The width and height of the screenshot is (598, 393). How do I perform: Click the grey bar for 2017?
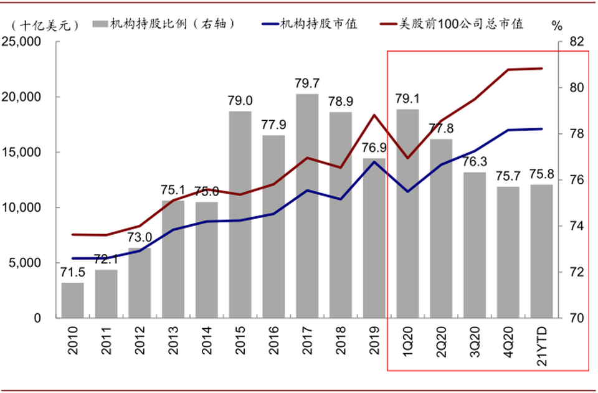coord(307,206)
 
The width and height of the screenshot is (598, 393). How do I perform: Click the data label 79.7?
coord(307,83)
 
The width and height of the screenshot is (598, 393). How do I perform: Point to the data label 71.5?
coord(72,272)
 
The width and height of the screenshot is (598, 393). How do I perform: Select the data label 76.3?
coord(475,162)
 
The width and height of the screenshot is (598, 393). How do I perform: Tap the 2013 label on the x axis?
coord(173,340)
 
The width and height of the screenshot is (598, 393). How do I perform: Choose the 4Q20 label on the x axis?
coord(508,340)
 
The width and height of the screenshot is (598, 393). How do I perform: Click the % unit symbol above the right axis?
coord(556,26)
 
